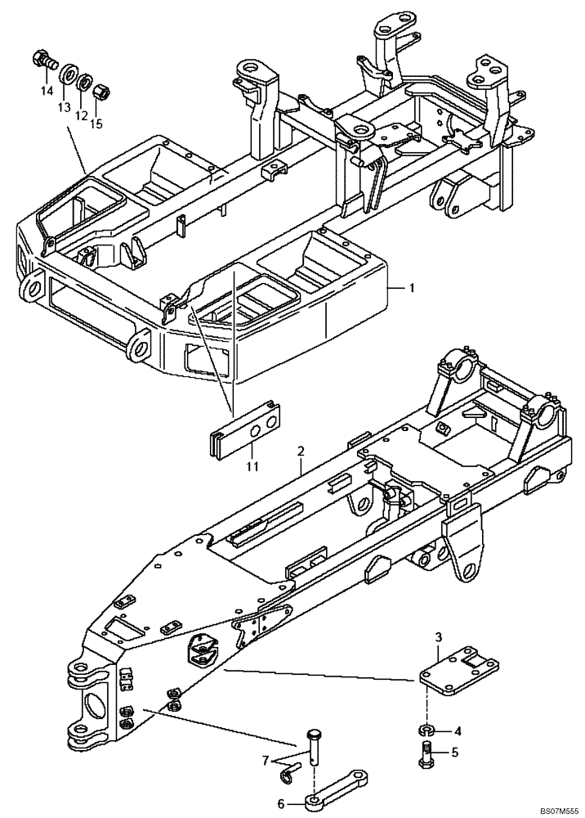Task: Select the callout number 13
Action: click(x=62, y=106)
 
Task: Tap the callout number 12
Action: click(x=80, y=115)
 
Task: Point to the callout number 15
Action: click(x=97, y=124)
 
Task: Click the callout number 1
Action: click(x=413, y=288)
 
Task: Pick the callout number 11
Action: click(x=252, y=465)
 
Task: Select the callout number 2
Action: click(x=301, y=451)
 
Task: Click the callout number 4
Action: click(x=458, y=730)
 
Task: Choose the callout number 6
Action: click(x=281, y=803)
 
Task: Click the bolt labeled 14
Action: click(x=42, y=60)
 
